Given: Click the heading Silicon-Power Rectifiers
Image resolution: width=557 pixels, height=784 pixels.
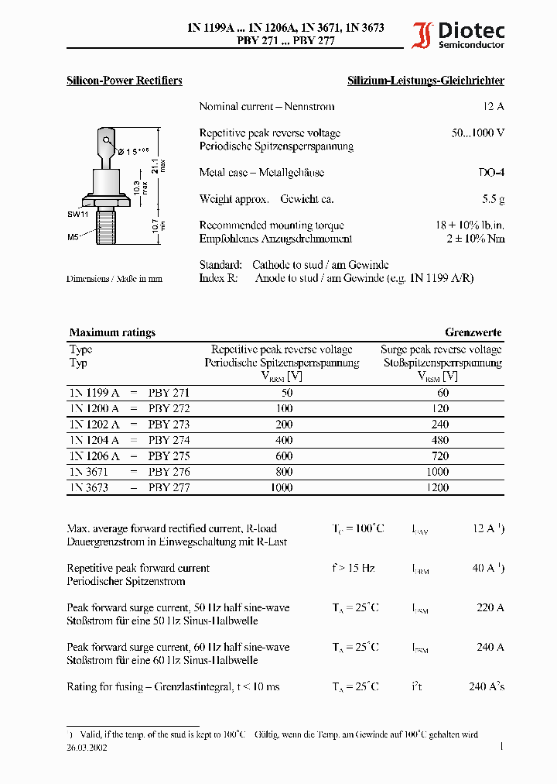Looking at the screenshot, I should click(125, 81).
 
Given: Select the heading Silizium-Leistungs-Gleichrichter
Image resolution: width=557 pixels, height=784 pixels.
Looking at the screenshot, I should click(425, 81).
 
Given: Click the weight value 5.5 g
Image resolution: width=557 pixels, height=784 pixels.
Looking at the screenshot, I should click(493, 199).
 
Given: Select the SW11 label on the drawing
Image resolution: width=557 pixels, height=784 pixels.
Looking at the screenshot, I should click(78, 213).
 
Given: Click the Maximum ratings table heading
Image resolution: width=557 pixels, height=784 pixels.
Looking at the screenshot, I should click(112, 332).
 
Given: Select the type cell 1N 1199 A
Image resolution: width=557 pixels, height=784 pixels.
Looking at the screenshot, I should click(94, 393).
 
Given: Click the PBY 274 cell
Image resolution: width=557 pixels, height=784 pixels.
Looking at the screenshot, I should click(169, 440).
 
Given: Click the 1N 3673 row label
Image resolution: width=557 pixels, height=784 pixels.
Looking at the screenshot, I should click(88, 487).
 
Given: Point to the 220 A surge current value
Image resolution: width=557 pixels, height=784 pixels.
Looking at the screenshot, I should click(490, 607).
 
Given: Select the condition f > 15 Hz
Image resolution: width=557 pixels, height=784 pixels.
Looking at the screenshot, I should click(354, 568).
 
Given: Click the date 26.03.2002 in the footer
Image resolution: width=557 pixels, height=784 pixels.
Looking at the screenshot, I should click(87, 748).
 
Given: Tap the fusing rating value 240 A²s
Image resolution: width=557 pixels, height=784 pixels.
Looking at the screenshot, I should click(487, 686).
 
